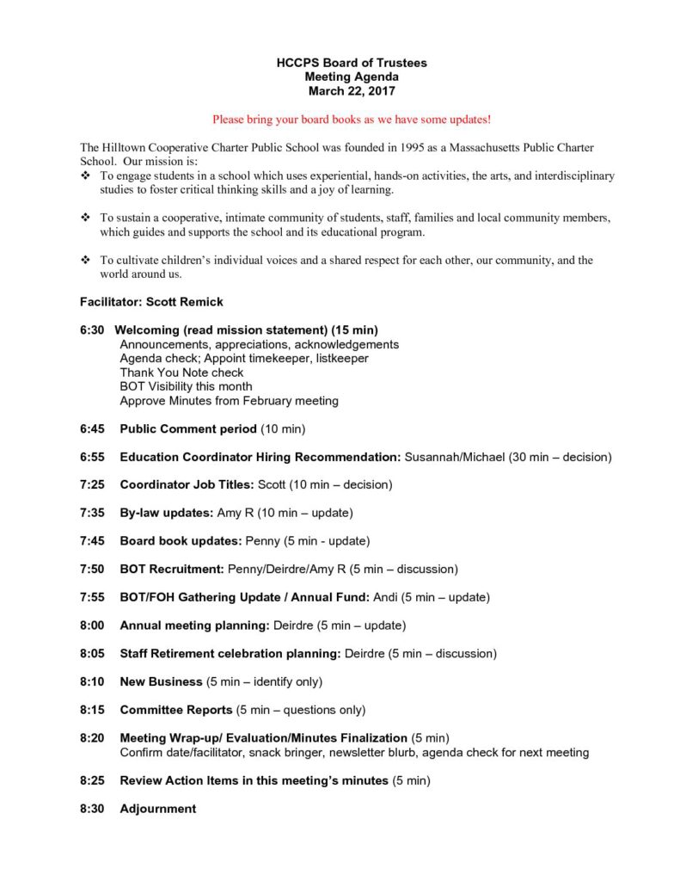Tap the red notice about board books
click(352, 119)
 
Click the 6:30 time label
click(92, 330)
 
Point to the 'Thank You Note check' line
click(181, 373)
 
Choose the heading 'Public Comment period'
click(188, 428)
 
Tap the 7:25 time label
click(92, 484)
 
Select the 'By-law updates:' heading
click(167, 513)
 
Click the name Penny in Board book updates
click(263, 541)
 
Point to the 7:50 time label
click(92, 569)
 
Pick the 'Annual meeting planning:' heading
click(194, 625)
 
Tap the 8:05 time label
click(92, 653)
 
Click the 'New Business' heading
click(162, 681)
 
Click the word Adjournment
click(158, 809)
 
